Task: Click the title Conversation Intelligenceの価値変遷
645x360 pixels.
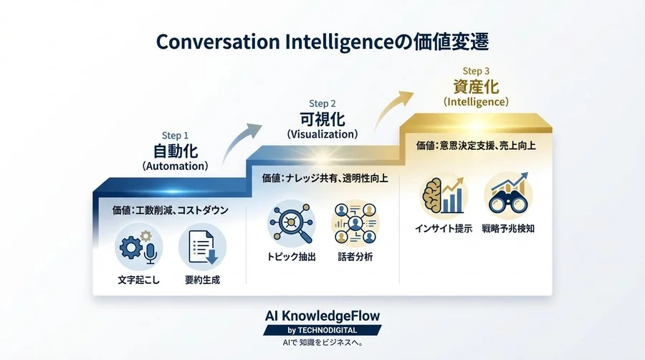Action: click(322, 42)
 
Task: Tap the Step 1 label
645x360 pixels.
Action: click(176, 135)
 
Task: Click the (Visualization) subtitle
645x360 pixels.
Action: click(322, 133)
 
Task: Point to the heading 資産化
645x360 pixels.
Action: click(477, 87)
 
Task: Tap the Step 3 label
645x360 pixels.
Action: click(477, 71)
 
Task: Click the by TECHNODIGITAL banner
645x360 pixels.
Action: click(322, 330)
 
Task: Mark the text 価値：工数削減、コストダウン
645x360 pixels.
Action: click(171, 210)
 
